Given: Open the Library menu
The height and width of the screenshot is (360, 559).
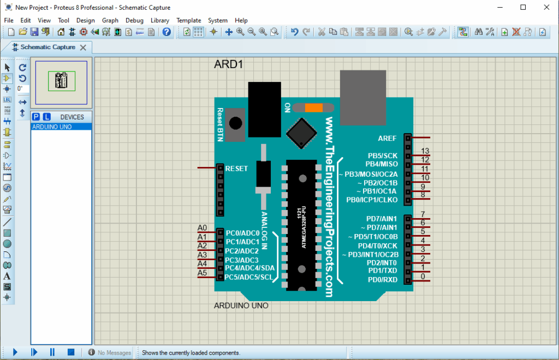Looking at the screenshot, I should (160, 20).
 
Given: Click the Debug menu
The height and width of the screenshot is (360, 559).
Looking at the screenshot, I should (134, 20).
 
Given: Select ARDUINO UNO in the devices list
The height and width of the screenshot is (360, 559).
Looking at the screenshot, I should (52, 127).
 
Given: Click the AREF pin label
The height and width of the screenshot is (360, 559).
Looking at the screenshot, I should (387, 138).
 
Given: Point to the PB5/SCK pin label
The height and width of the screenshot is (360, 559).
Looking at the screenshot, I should (383, 155).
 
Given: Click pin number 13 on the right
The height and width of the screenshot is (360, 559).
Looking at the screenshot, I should (426, 151).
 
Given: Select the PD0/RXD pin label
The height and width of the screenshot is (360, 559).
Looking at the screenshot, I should (383, 280).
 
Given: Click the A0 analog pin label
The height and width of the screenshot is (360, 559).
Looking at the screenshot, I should (203, 228).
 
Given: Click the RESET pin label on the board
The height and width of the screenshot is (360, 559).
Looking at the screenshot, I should (236, 169).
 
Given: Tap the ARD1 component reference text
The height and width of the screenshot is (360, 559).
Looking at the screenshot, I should (228, 64).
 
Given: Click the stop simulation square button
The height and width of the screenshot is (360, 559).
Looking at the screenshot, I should (70, 352).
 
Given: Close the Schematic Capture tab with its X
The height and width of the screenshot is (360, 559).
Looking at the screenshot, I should (83, 47).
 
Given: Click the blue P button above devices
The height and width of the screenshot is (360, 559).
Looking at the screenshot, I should (36, 117).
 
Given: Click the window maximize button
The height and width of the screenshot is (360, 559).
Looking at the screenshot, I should (523, 7).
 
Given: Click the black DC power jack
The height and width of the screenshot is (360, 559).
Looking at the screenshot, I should (264, 109).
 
